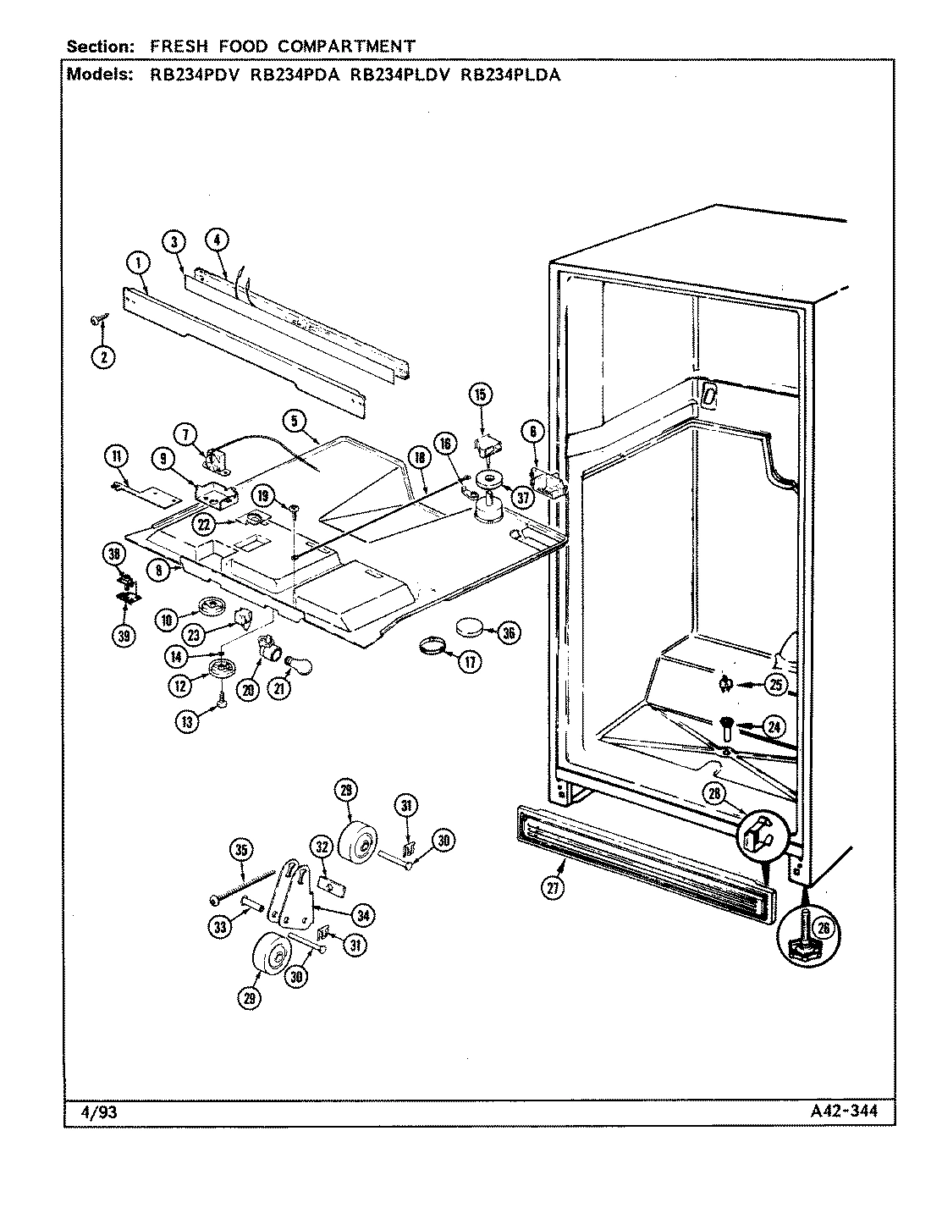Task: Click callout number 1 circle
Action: (x=138, y=264)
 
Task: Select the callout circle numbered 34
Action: (x=366, y=914)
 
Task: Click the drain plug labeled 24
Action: (x=727, y=725)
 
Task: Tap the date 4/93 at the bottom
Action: (x=92, y=1112)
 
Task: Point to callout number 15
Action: (x=480, y=394)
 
